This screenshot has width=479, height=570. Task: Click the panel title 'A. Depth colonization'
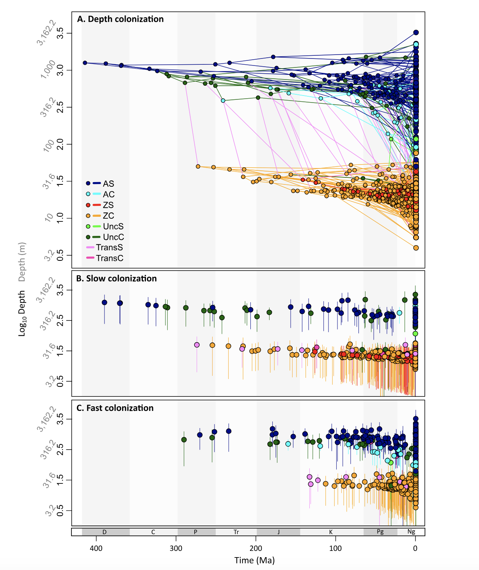tap(120, 19)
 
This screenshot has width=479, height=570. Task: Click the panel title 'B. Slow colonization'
tap(116, 278)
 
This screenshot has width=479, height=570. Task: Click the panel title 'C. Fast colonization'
tap(115, 408)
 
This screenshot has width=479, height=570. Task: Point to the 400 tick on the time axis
tap(96, 549)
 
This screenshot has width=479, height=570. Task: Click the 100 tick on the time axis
tap(335, 549)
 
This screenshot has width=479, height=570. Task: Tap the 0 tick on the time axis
tap(415, 549)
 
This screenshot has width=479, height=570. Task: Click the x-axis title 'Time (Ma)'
tap(254, 560)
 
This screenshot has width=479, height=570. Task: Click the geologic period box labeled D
tap(105, 532)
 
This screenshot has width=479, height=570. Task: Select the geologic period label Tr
tap(236, 532)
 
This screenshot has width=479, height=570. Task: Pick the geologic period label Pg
tap(380, 532)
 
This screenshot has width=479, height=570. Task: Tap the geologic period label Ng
tap(411, 532)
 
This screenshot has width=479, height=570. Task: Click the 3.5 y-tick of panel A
tap(60, 33)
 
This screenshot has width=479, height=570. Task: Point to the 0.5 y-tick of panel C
tap(60, 510)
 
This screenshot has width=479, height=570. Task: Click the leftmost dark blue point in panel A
tap(85, 63)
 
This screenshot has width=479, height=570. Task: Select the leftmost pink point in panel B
tap(197, 345)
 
